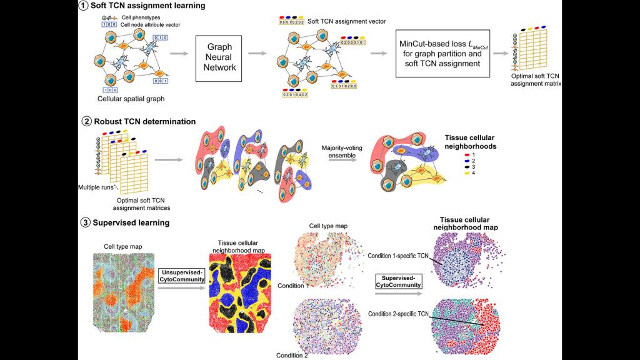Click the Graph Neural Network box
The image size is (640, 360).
click(217, 55)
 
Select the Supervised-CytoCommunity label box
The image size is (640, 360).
click(397, 281)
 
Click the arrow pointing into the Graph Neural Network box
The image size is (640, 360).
click(179, 54)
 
